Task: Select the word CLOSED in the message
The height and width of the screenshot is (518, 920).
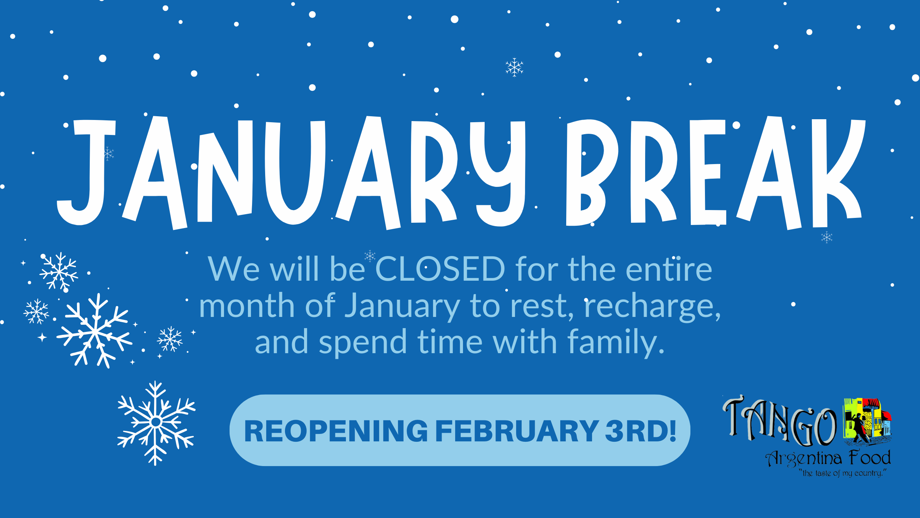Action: [x=440, y=269]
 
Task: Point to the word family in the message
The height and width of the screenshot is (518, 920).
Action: [x=616, y=342]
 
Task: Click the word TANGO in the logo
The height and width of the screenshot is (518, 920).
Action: [x=780, y=422]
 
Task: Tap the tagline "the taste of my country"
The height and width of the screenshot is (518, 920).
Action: [x=843, y=473]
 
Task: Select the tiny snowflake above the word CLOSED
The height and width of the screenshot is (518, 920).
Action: [x=370, y=256]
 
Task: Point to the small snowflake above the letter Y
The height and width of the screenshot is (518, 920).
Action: [x=515, y=67]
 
